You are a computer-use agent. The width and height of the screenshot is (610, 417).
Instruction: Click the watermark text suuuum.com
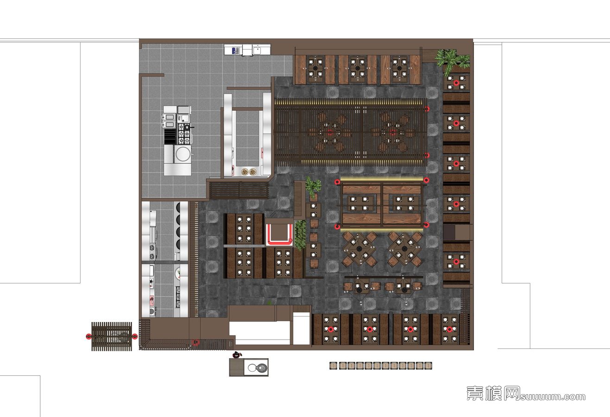(553, 397)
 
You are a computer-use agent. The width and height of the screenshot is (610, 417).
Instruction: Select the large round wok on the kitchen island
(182, 154)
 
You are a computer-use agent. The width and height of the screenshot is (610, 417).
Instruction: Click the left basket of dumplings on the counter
(245, 172)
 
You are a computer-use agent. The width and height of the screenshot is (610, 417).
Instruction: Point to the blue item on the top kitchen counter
(234, 50)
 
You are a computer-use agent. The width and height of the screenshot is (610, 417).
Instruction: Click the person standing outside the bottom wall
(237, 355)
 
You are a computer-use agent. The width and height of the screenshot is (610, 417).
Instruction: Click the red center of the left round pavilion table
(330, 133)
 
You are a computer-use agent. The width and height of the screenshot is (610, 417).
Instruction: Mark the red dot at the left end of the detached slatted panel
(88, 336)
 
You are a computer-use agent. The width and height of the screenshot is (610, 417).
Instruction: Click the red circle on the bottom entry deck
(195, 342)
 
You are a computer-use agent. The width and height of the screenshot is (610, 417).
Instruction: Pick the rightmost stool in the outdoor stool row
(428, 366)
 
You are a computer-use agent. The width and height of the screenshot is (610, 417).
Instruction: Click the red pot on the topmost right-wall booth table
(456, 83)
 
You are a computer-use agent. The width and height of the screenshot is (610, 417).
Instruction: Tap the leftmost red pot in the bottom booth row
(330, 329)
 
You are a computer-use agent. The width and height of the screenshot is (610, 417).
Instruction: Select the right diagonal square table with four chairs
(404, 249)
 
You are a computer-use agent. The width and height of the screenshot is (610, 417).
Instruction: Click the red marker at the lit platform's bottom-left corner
(338, 227)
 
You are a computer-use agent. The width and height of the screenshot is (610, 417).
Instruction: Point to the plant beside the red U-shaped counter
(300, 235)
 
